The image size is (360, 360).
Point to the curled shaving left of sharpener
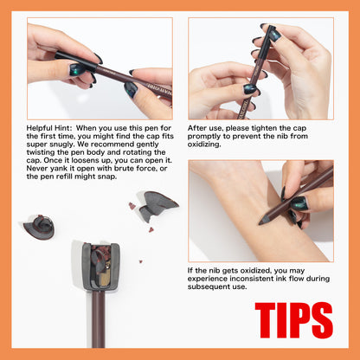pyautogui.click(x=40, y=228)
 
